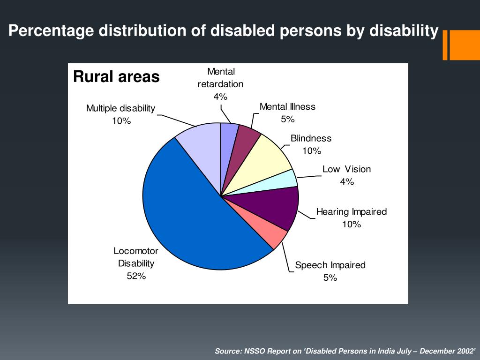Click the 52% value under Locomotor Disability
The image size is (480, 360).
pos(136,276)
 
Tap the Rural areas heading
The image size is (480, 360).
pos(116,76)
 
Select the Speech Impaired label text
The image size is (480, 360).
pos(330,265)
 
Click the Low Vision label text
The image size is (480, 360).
pos(346,169)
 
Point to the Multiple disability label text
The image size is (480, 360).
pos(120,108)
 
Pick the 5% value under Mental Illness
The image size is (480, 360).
pos(287,119)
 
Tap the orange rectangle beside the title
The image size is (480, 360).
pos(464,45)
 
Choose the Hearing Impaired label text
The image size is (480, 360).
pos(352,212)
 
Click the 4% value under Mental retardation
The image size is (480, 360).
pos(220,97)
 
